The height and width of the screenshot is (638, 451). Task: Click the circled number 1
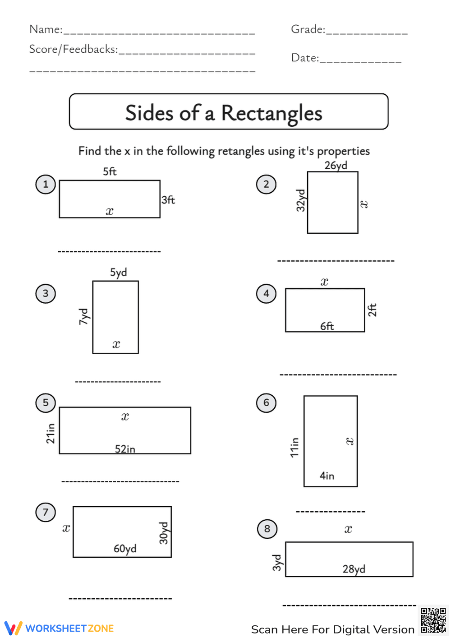tap(46, 185)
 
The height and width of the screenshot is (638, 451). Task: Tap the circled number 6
tap(266, 403)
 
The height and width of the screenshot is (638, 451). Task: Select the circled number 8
tap(267, 529)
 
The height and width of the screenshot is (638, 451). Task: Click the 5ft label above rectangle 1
tap(110, 171)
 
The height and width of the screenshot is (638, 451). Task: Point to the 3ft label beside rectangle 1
tap(168, 200)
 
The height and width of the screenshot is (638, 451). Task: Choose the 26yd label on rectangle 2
tap(336, 166)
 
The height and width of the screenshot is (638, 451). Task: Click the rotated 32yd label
tap(301, 200)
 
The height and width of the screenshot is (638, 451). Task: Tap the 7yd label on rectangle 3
tap(84, 316)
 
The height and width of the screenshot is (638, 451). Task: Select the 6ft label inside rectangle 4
tap(327, 326)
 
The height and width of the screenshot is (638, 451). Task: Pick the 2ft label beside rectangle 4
tap(372, 310)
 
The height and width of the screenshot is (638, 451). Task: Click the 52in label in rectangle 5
tap(125, 449)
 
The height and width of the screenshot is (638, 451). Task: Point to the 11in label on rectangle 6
tap(295, 447)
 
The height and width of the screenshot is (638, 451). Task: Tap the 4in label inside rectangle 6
tap(327, 476)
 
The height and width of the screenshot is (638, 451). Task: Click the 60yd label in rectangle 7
tap(125, 549)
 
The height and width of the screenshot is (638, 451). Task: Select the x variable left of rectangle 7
tap(66, 528)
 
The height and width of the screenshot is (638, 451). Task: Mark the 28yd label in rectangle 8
tap(354, 569)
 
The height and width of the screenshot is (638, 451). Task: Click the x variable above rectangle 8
tap(348, 529)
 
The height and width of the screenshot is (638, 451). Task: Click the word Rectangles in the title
tap(272, 113)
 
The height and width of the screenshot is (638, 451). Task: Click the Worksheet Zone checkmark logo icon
tap(13, 628)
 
